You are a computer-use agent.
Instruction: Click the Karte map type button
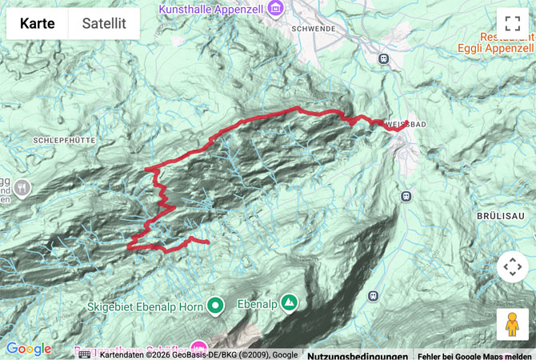point(38,23)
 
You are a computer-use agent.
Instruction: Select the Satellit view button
point(104,23)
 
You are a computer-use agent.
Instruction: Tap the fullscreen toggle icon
point(512,24)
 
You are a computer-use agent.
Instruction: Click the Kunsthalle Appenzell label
point(211,9)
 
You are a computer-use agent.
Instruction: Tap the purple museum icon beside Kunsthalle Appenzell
point(276,9)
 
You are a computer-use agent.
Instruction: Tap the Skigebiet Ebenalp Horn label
point(146,305)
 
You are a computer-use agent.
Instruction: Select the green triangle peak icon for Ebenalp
point(288,302)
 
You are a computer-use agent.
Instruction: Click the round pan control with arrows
point(512,267)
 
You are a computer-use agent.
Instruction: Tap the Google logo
point(28,349)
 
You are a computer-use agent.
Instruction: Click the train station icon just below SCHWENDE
point(384,58)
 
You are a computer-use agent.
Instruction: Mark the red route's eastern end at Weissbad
point(406,122)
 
